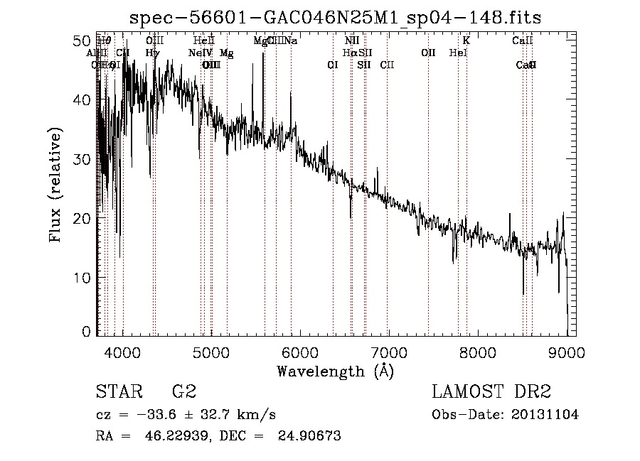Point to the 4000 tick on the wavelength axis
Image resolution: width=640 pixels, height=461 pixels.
(x=124, y=352)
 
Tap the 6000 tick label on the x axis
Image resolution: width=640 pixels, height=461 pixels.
(x=300, y=352)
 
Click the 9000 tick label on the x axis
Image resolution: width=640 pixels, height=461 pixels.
(x=566, y=352)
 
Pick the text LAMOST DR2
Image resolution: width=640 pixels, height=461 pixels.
(x=491, y=392)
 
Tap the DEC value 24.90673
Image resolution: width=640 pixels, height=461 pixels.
(x=311, y=436)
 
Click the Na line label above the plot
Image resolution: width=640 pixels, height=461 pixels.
(x=291, y=41)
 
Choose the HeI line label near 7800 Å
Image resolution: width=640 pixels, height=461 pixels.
(x=458, y=53)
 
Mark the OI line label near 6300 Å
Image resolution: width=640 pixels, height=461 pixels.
(x=332, y=65)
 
